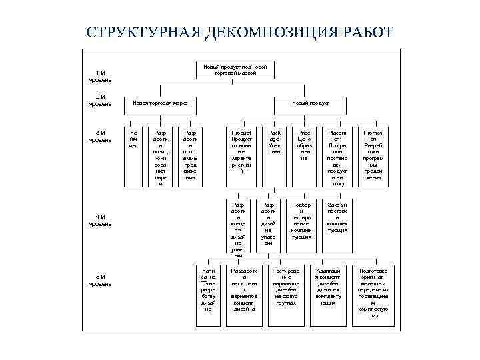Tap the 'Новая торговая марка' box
pos(160,103)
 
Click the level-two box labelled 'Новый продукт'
pos(310,103)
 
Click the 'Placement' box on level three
pos(337,155)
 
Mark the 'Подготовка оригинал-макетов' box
pos(373,292)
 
